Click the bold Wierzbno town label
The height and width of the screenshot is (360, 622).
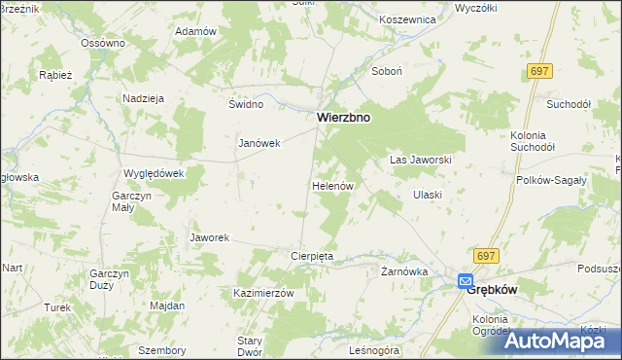click(344, 117)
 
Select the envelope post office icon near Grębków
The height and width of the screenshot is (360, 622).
click(466, 282)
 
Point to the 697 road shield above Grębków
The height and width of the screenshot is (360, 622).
click(487, 255)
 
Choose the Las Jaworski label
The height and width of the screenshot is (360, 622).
click(421, 159)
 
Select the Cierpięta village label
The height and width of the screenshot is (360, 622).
click(313, 256)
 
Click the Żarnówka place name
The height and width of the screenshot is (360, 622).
click(404, 271)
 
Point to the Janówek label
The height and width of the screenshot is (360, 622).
click(259, 143)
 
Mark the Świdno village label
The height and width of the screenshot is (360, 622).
click(246, 104)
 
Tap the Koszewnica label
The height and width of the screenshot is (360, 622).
click(381, 19)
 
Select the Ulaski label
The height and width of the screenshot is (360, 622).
click(428, 195)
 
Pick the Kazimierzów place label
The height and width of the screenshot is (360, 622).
click(263, 293)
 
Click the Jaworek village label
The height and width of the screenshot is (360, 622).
click(209, 237)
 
